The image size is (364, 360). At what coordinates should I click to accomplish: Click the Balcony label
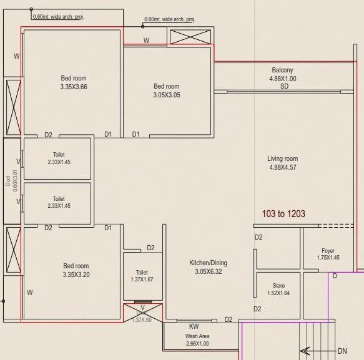point(282,71)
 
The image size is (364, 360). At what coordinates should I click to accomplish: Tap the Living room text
point(282,158)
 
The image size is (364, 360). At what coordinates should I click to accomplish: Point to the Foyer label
point(328,250)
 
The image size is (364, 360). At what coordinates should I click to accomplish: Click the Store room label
point(278,285)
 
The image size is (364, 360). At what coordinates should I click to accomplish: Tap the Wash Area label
point(197,336)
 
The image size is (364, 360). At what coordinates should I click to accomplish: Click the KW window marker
point(194,326)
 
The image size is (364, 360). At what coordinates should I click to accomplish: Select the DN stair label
point(342,351)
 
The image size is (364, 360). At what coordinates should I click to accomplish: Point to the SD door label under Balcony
point(284,86)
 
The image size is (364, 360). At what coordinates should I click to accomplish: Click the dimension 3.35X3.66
point(74,87)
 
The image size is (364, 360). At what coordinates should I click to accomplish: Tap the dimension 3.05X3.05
point(167,95)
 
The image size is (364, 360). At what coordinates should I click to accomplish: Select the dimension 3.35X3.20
point(76,275)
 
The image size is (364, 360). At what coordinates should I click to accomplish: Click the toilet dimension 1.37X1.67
point(142,280)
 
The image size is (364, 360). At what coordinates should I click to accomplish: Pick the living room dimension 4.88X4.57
point(282,167)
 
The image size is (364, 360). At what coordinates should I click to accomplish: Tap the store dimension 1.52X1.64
point(278,293)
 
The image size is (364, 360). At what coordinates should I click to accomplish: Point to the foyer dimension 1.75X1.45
point(328,258)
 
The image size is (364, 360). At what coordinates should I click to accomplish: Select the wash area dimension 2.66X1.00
point(197,343)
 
